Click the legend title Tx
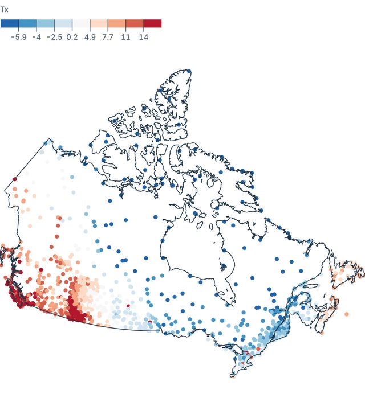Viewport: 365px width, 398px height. (5, 9)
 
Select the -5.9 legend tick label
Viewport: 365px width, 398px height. (19, 36)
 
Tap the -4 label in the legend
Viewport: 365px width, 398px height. (36, 36)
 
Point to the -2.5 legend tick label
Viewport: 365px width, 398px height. (54, 36)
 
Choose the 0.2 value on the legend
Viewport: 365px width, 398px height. (72, 36)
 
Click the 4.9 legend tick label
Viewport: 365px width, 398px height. (90, 36)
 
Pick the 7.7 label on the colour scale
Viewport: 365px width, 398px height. (108, 36)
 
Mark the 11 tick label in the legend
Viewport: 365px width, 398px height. (126, 36)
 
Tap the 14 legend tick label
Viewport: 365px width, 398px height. (144, 36)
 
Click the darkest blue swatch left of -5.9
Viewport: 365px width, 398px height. (10, 23)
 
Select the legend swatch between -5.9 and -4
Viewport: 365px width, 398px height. (27, 23)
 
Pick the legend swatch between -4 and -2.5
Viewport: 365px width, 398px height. (46, 23)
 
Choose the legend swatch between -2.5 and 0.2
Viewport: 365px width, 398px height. (63, 23)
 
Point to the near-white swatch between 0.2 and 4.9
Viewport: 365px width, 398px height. (81, 23)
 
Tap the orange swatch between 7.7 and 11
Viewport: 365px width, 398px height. (117, 23)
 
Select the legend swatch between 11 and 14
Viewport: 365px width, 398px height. (135, 23)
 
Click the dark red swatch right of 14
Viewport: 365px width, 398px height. (153, 23)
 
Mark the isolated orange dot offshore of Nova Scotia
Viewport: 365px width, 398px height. (346, 314)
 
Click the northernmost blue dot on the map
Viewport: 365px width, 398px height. (189, 71)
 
